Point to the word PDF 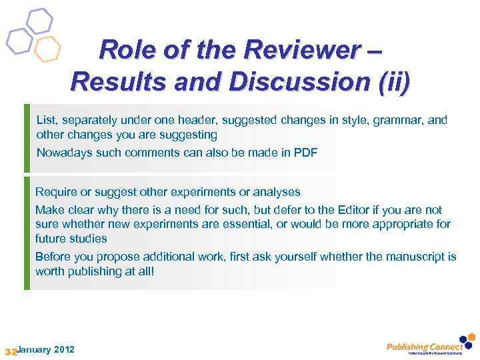[x=305, y=152]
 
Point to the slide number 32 [x=10, y=351]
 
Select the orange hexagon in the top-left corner [x=47, y=49]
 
